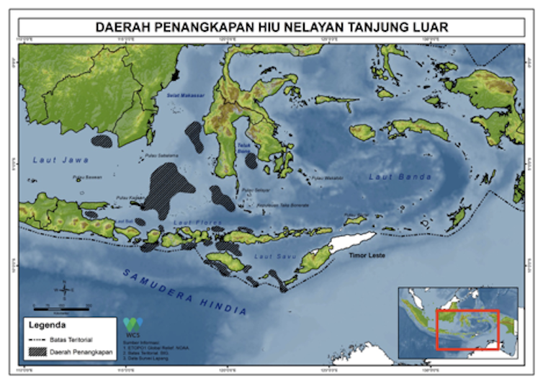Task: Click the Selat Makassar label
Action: [x=181, y=96]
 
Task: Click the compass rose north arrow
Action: [x=65, y=290]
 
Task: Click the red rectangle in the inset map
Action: [x=467, y=330]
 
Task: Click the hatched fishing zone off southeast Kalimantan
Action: [x=103, y=140]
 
